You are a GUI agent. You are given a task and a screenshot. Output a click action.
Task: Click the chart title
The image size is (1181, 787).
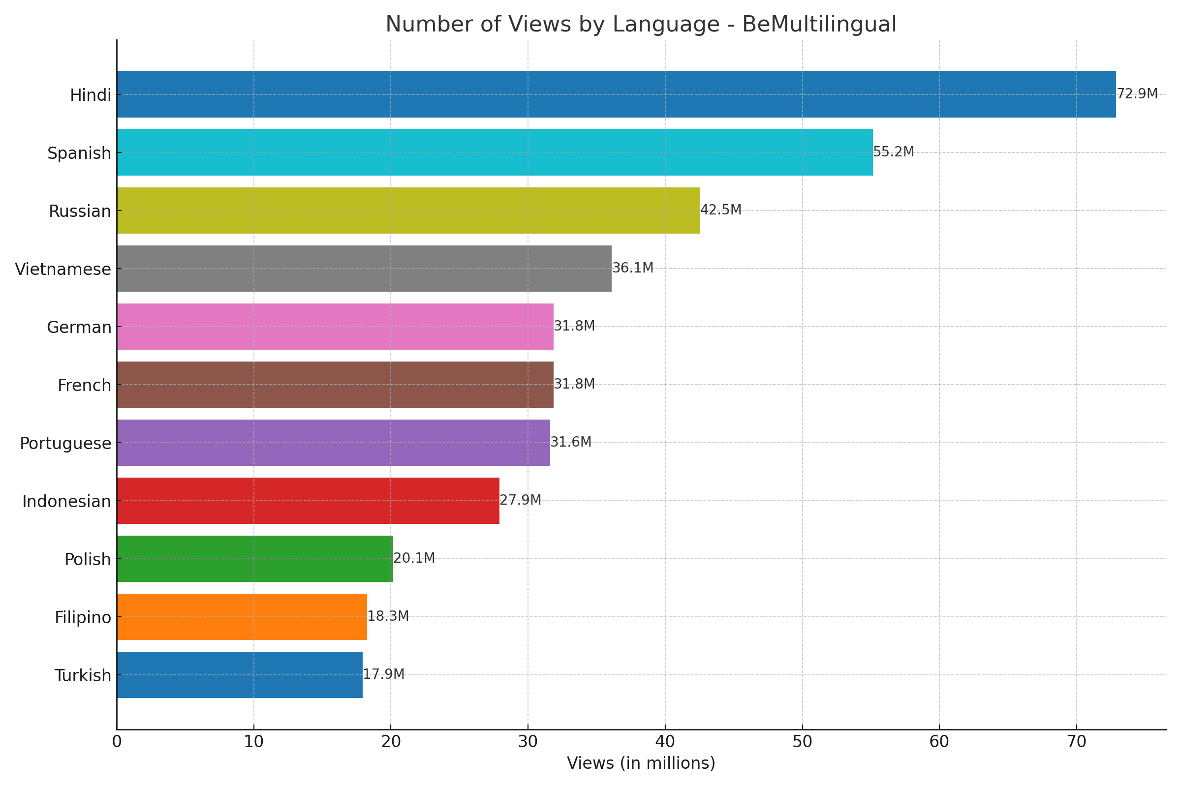[641, 24]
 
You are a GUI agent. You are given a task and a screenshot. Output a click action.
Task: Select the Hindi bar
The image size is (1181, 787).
[616, 94]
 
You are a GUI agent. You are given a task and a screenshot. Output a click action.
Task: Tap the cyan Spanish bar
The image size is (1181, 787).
[495, 152]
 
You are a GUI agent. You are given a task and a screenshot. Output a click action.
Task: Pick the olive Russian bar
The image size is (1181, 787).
[408, 211]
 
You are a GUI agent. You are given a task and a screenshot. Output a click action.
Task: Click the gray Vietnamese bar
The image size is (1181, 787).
[364, 269]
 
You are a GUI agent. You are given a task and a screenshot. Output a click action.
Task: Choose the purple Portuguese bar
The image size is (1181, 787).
[334, 443]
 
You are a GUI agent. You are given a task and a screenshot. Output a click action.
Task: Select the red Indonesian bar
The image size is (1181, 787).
[308, 501]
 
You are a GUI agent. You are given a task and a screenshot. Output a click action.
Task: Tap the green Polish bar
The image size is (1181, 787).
[254, 559]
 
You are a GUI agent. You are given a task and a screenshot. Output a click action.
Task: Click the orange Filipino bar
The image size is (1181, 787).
[242, 617]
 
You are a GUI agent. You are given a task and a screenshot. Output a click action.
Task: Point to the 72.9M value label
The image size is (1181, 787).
[1137, 94]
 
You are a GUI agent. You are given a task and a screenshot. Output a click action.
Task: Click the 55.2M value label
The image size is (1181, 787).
[893, 152]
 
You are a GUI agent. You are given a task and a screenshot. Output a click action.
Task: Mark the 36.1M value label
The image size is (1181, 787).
[633, 268]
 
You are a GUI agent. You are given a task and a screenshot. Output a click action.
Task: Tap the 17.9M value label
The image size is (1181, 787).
[383, 674]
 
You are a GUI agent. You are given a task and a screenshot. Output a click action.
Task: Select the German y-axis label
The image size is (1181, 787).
[79, 327]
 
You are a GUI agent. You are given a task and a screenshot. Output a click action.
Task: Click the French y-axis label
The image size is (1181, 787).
[84, 386]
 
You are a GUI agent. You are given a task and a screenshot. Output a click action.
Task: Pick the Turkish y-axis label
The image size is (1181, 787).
[82, 675]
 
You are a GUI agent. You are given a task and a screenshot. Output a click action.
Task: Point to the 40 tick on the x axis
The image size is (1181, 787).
[665, 742]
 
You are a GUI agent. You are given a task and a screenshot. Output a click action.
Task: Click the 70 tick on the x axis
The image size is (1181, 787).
[1076, 742]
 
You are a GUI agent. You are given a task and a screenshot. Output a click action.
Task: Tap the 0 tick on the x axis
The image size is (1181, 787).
[117, 742]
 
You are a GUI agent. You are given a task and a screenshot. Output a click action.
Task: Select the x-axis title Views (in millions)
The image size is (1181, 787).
[641, 763]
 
